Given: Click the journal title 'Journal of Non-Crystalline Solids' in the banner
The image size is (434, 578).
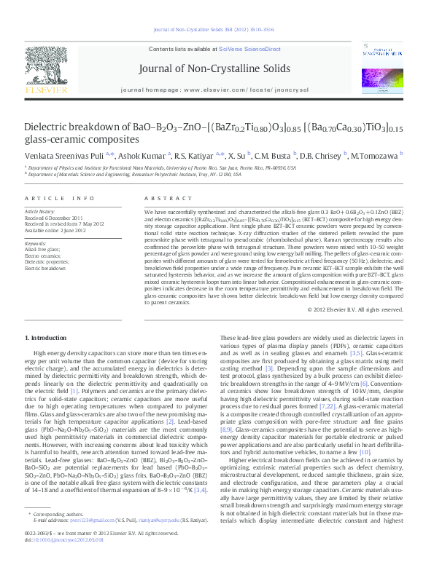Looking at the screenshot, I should [x=217, y=69].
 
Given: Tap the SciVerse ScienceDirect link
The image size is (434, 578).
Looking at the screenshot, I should [x=251, y=49].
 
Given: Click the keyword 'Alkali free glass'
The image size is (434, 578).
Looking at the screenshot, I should [x=43, y=249].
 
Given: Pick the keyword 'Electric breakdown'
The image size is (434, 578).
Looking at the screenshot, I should [x=45, y=269].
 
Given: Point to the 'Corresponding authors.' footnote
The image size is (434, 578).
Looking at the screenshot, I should [x=54, y=515].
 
